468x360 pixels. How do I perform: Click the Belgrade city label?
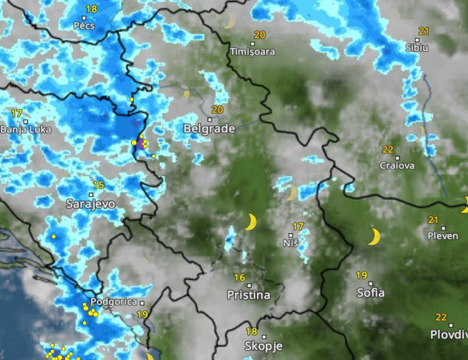pyautogui.click(x=209, y=128)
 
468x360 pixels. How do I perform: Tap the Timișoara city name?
pyautogui.click(x=252, y=51)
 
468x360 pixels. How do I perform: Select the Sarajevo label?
pyautogui.click(x=91, y=204)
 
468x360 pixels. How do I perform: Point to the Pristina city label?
pyautogui.click(x=248, y=295)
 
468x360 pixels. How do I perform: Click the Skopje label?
pyautogui.click(x=263, y=346)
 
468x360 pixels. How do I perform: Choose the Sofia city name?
pyautogui.click(x=370, y=293)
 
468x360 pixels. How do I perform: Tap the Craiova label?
pyautogui.click(x=397, y=165)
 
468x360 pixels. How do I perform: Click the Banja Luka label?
pyautogui.click(x=26, y=129)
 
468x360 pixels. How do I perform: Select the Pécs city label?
pyautogui.click(x=84, y=25)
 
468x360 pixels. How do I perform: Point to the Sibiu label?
pyautogui.click(x=417, y=48)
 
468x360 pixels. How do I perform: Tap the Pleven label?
pyautogui.click(x=443, y=236)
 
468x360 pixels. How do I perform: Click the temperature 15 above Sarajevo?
pyautogui.click(x=99, y=185)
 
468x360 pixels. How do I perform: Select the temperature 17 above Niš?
pyautogui.click(x=298, y=227)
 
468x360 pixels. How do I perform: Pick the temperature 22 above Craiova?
pyautogui.click(x=388, y=149)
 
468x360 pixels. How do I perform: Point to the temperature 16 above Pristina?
pyautogui.click(x=239, y=277)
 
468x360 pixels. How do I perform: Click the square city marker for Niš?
pyautogui.click(x=291, y=235)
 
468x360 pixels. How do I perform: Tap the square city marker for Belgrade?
pyautogui.click(x=210, y=120)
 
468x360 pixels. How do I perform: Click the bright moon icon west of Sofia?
pyautogui.click(x=374, y=237)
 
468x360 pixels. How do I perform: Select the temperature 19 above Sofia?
pyautogui.click(x=361, y=275)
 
